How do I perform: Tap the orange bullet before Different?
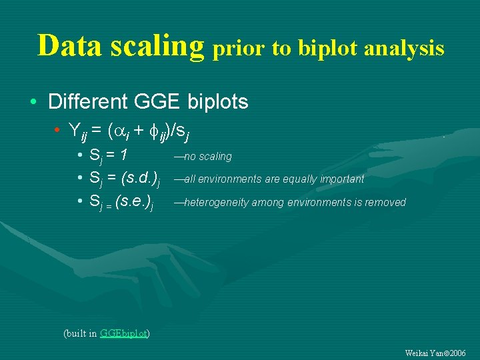coord(33,103)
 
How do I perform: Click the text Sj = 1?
coord(108,156)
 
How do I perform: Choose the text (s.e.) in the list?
coord(134,202)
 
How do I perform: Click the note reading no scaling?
coord(203,157)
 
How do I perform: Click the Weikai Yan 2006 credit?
coord(435,352)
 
